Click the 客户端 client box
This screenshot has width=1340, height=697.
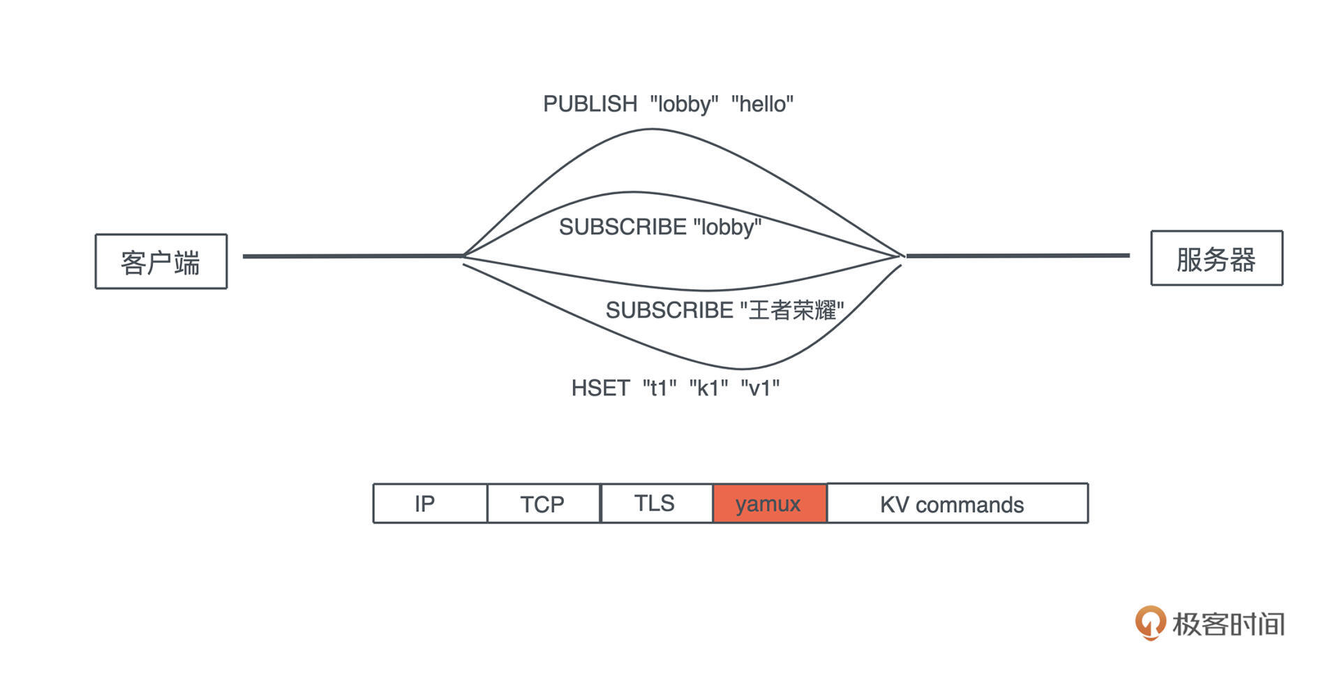pos(161,261)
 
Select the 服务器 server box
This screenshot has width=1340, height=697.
pos(1216,258)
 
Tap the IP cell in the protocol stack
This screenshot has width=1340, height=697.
pos(430,503)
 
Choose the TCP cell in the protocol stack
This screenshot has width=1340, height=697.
pos(544,503)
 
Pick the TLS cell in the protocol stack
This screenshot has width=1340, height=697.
pos(657,503)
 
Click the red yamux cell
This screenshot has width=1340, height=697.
pos(770,503)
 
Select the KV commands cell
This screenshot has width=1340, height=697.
pos(958,503)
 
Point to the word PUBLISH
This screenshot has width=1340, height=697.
pos(590,104)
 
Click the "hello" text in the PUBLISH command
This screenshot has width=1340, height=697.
pos(762,104)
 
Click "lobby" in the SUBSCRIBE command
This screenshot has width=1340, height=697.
pos(727,227)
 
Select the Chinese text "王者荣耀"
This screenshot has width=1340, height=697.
pos(792,309)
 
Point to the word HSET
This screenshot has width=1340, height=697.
pos(600,388)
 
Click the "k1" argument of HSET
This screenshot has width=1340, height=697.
pos(708,388)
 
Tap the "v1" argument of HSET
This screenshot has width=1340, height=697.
pos(760,388)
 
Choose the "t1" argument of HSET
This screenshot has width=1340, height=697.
pos(660,388)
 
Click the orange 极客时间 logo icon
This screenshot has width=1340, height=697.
pos(1150,622)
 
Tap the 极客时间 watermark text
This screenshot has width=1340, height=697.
pos(1228,624)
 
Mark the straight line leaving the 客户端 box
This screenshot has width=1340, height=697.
pos(353,256)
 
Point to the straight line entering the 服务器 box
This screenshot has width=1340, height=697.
pos(1018,256)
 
